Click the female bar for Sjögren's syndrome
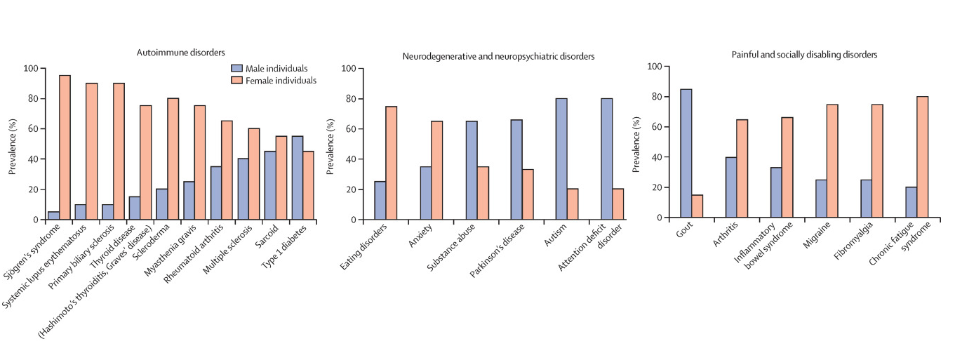click(65, 147)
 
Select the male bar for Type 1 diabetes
click(298, 178)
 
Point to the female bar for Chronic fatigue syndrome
click(922, 157)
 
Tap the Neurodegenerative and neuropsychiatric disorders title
click(499, 55)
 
